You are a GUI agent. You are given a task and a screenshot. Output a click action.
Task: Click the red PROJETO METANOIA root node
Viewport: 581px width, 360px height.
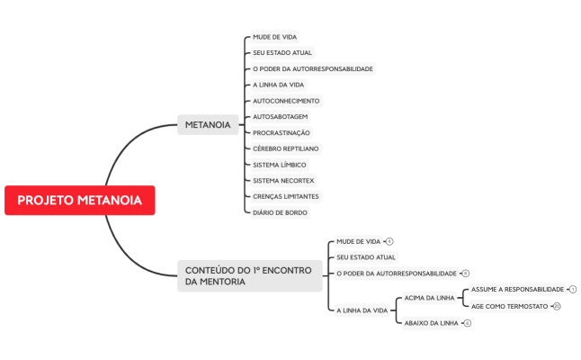tap(79, 200)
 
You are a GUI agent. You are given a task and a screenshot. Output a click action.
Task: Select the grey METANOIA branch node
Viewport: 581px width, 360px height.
tap(207, 124)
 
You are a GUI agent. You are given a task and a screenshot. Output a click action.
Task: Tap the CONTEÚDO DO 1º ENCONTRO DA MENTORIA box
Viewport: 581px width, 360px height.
tap(248, 275)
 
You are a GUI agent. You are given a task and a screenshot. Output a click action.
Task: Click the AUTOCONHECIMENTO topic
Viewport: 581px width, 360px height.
tap(285, 101)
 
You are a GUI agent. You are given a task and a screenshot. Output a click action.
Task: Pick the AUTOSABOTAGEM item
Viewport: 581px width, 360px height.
tap(281, 117)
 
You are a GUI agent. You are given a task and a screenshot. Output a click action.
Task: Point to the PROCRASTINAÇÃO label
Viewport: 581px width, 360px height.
tap(282, 132)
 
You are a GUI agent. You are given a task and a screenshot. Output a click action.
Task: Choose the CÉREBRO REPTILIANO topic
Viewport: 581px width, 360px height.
tap(285, 148)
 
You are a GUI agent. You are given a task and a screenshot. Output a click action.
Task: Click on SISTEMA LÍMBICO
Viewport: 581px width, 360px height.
tap(279, 165)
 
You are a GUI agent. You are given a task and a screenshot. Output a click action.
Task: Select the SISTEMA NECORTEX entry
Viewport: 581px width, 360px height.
tap(282, 180)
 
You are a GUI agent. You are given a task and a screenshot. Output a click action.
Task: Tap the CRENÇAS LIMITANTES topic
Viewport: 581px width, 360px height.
tap(285, 196)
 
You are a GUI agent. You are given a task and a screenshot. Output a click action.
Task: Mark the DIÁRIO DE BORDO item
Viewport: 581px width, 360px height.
tap(280, 212)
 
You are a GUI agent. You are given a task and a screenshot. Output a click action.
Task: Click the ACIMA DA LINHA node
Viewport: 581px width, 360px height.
tap(427, 297)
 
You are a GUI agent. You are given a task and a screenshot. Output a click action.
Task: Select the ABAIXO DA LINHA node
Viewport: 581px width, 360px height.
tap(431, 322)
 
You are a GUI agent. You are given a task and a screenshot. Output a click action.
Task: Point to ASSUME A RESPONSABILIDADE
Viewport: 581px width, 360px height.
tap(517, 289)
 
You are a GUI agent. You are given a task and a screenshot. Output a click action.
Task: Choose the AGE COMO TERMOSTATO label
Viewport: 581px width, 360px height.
tap(509, 306)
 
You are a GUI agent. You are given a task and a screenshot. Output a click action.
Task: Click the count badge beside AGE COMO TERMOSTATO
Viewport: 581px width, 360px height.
tap(557, 306)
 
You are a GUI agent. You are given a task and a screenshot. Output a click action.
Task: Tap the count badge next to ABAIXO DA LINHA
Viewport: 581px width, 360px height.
tap(468, 322)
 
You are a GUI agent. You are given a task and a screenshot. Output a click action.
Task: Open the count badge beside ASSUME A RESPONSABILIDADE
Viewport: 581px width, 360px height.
tap(573, 289)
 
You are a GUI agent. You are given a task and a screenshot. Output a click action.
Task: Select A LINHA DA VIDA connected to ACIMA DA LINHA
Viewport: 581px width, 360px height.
tap(362, 310)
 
